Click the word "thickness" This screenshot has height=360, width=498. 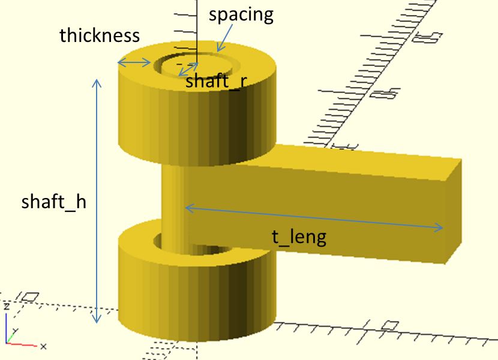100,35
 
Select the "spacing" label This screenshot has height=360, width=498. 241,14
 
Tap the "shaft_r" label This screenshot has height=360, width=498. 216,81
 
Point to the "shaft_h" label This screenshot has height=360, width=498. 53,202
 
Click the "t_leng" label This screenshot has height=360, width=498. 299,237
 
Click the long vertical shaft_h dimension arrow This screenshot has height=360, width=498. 97,201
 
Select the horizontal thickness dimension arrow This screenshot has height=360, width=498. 134,62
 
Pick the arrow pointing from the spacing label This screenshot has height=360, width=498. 224,38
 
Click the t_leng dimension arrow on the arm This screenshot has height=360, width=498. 314,218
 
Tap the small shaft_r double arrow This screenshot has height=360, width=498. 188,69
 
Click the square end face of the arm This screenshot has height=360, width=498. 454,211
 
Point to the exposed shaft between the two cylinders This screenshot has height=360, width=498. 172,206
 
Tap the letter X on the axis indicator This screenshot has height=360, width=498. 44,346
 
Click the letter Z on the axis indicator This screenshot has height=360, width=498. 7,307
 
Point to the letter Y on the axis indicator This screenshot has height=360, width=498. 15,331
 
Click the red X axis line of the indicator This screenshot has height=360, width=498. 22,344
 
